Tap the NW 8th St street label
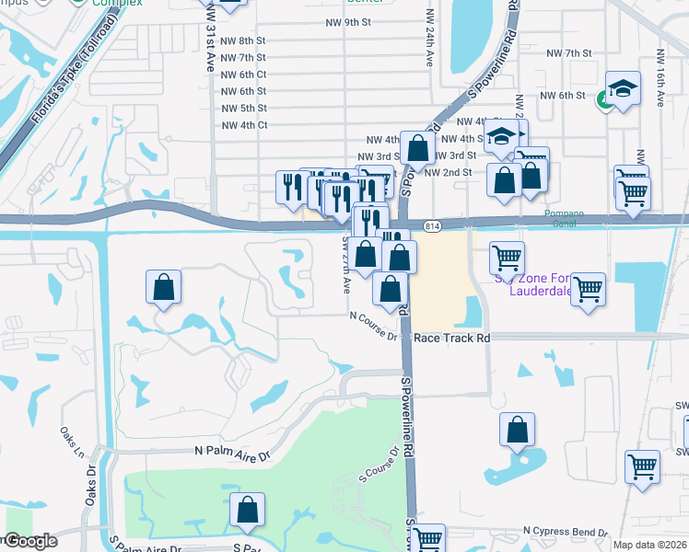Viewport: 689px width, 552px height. point(244,41)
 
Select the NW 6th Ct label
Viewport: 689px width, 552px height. point(244,75)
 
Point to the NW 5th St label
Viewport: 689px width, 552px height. point(244,108)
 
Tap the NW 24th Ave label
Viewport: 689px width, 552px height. point(429,39)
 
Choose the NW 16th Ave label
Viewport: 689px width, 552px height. point(660,75)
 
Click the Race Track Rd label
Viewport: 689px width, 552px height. point(451,338)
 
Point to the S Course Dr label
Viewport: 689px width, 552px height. point(380,466)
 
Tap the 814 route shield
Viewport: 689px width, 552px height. point(433,225)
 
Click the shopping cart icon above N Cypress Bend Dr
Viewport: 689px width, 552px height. point(642,466)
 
